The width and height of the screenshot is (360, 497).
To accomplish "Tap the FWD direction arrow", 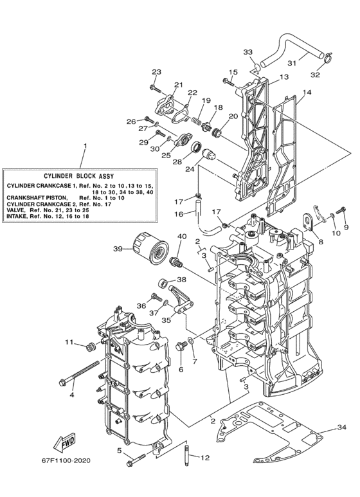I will click(61, 444).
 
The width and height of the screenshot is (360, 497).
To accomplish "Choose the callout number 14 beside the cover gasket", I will click(307, 93).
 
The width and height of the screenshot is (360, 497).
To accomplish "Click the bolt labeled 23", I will click(155, 86).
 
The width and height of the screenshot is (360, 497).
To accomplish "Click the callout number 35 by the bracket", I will click(166, 319).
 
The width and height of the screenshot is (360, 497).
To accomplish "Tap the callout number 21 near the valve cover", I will click(178, 85).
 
